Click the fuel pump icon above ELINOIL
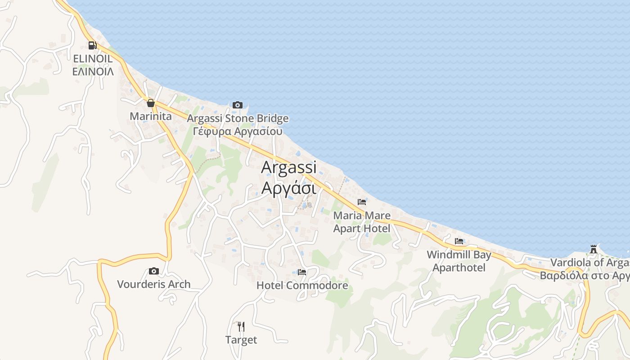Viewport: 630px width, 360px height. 92,45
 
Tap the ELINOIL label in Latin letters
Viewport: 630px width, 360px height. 93,58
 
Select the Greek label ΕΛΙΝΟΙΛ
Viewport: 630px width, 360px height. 93,71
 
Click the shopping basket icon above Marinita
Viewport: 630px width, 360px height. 151,103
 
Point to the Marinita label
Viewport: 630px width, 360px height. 151,116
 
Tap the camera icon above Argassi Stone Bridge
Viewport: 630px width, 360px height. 238,105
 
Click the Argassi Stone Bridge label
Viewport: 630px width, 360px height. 238,119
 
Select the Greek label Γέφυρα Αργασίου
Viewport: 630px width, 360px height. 238,131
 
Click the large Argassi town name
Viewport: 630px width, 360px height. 289,167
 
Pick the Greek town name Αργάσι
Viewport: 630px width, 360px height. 289,188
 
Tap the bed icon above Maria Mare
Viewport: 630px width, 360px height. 362,202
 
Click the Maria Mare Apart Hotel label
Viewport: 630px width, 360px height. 362,222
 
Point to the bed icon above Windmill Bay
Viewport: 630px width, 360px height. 459,241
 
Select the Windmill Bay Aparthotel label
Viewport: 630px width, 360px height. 459,261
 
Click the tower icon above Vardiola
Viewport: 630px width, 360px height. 594,249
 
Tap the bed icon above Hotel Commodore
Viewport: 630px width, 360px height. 302,272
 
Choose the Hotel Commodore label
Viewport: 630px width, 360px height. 302,285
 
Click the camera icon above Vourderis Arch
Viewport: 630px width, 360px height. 154,271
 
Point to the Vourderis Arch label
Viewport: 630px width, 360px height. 154,284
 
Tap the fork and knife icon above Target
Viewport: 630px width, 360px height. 241,326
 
